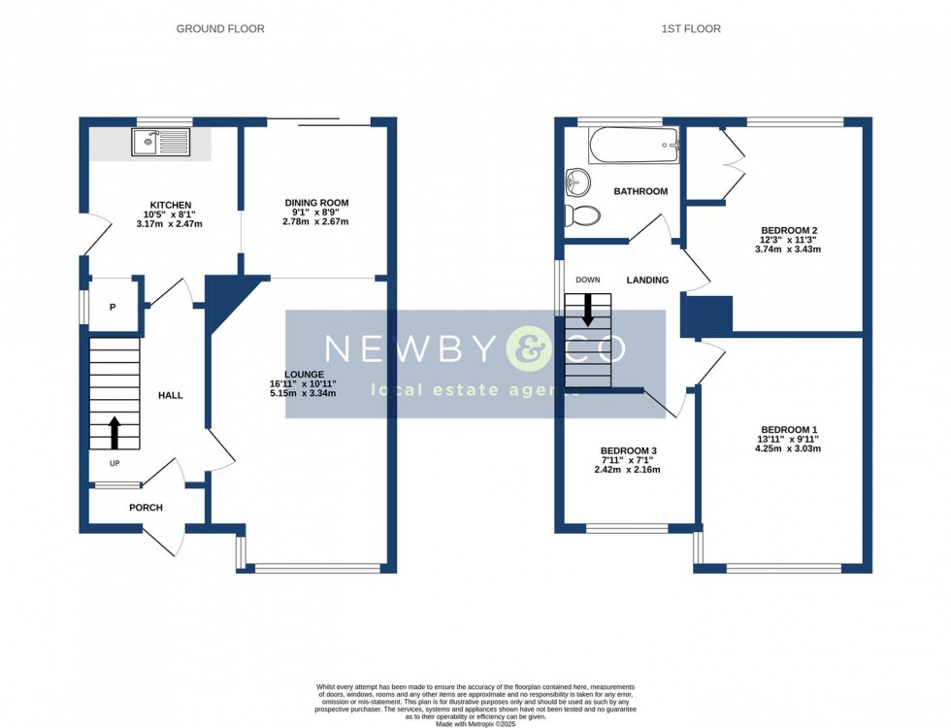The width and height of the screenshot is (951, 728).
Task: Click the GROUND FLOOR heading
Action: tap(220, 29)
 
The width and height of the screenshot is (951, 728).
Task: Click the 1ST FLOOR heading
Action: tap(691, 29)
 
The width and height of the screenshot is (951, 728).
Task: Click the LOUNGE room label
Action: tap(304, 374)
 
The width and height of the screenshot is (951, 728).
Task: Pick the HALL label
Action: tap(170, 395)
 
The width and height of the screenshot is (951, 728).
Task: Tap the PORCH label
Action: tap(146, 508)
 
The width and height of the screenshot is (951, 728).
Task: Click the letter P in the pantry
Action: tap(113, 308)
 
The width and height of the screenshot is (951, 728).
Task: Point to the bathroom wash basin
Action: tap(578, 181)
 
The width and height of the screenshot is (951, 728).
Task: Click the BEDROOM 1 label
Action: tap(789, 430)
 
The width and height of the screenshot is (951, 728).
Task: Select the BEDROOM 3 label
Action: tap(628, 451)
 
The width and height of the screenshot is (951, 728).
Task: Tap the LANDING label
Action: tap(647, 281)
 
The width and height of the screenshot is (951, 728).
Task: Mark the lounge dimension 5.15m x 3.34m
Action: tap(304, 393)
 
